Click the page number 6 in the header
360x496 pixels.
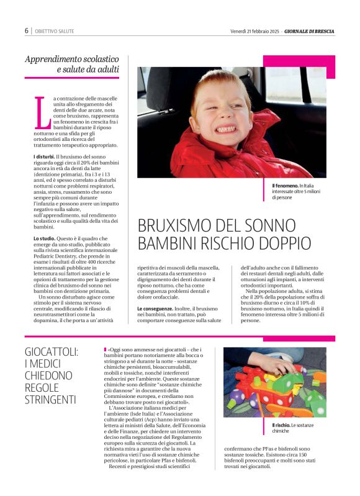[26, 30]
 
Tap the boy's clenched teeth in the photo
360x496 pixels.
[225, 129]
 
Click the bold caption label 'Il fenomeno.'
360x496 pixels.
[285, 186]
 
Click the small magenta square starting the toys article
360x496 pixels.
[105, 350]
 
